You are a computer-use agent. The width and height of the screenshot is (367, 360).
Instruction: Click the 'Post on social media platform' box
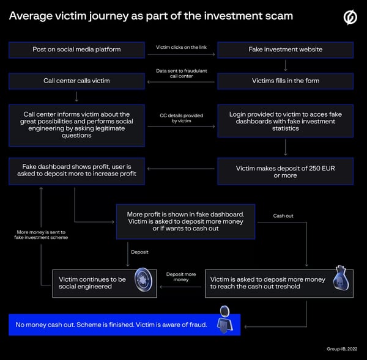coord(76,50)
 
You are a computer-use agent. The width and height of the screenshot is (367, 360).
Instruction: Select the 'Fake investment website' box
coord(285,50)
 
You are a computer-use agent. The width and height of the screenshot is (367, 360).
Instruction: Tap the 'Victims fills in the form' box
coord(285,81)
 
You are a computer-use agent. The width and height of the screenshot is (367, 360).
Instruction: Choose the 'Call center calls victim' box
coord(76,81)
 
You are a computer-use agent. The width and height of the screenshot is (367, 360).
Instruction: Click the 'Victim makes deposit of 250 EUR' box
coord(285,172)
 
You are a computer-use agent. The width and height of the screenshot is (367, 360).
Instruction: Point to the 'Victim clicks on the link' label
coord(181,46)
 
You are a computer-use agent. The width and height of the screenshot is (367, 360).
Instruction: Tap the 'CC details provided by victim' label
coord(181,118)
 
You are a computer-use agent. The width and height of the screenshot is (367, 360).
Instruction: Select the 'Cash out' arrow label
coord(283,216)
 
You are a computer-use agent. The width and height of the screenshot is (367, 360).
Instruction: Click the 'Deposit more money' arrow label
coord(181,277)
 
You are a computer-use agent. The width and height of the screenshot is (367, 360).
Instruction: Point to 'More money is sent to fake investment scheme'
coord(41,234)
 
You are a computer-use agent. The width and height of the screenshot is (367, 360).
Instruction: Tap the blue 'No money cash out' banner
coord(110,325)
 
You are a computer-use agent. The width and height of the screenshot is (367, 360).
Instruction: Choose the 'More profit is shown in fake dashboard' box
coord(185,221)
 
